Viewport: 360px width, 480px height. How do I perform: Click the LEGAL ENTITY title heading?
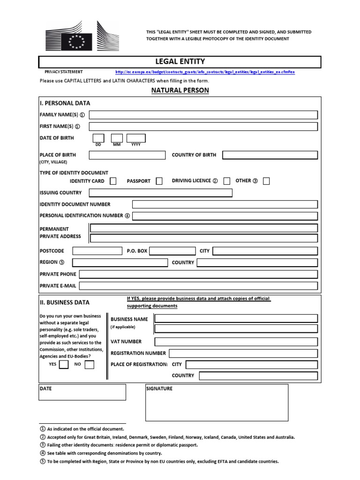(180, 61)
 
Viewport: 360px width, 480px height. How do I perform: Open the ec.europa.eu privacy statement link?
(205, 72)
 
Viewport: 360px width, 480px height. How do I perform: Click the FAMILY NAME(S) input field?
(203, 115)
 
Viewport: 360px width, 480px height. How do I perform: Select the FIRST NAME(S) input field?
(203, 127)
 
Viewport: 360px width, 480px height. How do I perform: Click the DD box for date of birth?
(98, 138)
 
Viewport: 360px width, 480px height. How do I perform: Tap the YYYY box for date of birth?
(136, 138)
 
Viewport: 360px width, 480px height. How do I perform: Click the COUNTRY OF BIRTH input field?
(270, 155)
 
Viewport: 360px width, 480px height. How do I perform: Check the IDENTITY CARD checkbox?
(113, 181)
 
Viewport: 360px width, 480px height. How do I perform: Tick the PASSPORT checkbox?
(159, 181)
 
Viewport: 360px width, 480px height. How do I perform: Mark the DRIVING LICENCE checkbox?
(227, 181)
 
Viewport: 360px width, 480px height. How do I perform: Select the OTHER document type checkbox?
(266, 181)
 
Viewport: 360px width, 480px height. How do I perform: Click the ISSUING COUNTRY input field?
(160, 193)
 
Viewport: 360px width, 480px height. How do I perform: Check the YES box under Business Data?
(63, 364)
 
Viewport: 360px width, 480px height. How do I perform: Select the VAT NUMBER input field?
(236, 342)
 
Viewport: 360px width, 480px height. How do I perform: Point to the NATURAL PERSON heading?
(180, 90)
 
